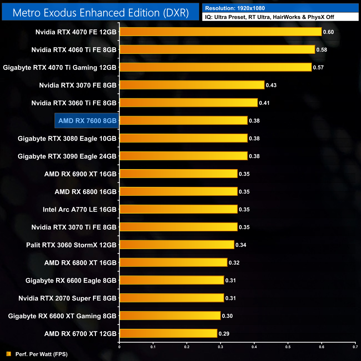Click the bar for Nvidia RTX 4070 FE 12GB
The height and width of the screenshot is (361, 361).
pyautogui.click(x=220, y=32)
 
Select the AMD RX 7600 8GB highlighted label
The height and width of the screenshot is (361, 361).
pyautogui.click(x=87, y=121)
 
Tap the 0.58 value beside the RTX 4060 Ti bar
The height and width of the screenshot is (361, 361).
pyautogui.click(x=322, y=50)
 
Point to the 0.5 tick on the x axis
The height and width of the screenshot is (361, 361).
pyautogui.click(x=288, y=347)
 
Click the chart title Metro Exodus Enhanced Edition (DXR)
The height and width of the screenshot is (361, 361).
pyautogui.click(x=101, y=13)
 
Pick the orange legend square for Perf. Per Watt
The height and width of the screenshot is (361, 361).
pyautogui.click(x=9, y=354)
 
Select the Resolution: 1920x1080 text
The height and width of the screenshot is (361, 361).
pyautogui.click(x=235, y=8)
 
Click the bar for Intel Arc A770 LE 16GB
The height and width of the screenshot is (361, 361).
pyautogui.click(x=179, y=209)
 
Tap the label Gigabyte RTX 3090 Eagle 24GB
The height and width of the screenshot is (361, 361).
pyautogui.click(x=67, y=156)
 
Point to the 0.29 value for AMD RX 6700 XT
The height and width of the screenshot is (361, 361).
pyautogui.click(x=224, y=334)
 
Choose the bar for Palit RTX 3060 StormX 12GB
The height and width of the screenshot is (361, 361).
pyautogui.click(x=177, y=245)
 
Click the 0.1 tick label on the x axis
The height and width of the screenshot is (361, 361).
pyautogui.click(x=153, y=347)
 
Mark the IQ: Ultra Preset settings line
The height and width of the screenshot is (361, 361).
pyautogui.click(x=269, y=17)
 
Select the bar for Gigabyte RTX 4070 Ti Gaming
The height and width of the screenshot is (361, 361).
pyautogui.click(x=215, y=67)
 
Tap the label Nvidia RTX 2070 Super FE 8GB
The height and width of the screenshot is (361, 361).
pyautogui.click(x=67, y=298)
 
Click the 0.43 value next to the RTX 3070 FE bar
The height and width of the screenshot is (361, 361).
pyautogui.click(x=271, y=85)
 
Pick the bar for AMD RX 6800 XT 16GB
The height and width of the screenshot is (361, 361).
pyautogui.click(x=173, y=262)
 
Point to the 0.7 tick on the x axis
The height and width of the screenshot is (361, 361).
pyautogui.click(x=355, y=347)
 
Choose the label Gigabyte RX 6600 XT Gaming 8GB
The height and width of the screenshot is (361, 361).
pyautogui.click(x=62, y=316)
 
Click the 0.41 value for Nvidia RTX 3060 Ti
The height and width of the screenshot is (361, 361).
pyautogui.click(x=264, y=103)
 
